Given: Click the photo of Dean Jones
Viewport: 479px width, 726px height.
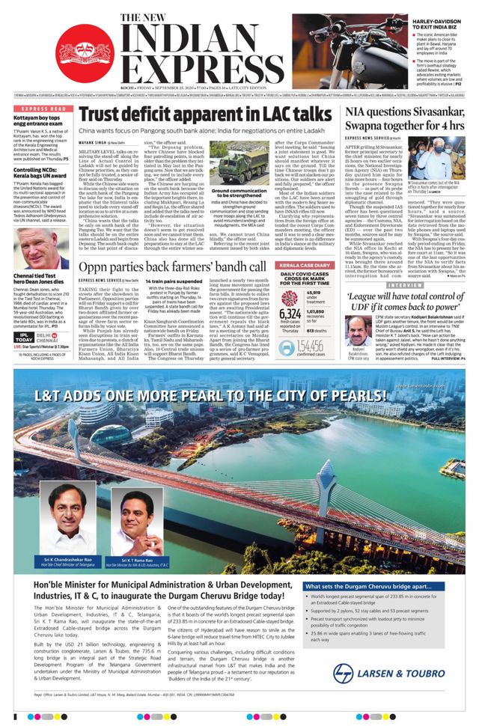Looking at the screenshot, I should (x=40, y=251).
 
